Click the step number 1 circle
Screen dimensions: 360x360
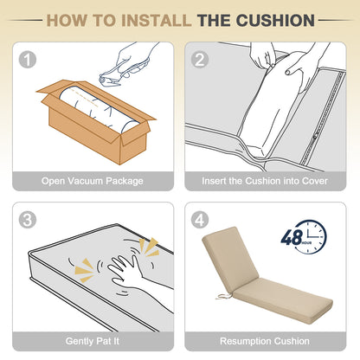(x=28, y=60)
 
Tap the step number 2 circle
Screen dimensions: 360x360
(x=200, y=60)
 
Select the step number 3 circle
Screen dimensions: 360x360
(x=28, y=220)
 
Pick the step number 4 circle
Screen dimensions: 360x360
(x=200, y=220)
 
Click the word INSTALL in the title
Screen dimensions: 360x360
(x=156, y=21)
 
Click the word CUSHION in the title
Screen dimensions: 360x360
(x=275, y=21)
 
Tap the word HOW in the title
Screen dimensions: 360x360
(x=67, y=21)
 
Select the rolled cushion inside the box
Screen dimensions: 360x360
(x=97, y=110)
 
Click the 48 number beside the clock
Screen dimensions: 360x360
(x=292, y=237)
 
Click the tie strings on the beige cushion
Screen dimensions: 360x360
(x=222, y=296)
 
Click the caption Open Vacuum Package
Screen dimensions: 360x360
(x=93, y=181)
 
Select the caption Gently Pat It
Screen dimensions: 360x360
(x=93, y=341)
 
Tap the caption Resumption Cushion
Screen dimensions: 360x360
(x=265, y=341)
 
